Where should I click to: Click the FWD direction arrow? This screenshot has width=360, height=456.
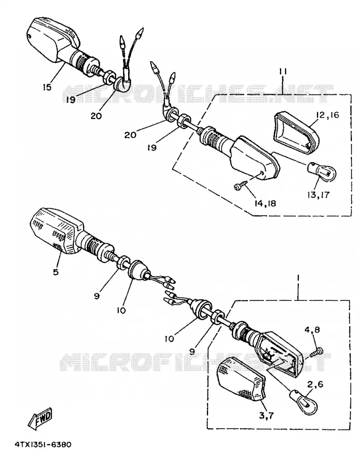click(40, 419)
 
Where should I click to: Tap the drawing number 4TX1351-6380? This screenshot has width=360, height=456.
click(43, 445)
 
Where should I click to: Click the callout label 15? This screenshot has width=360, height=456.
click(47, 87)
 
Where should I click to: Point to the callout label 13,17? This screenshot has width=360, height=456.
click(318, 195)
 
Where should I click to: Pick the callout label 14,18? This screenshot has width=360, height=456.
click(265, 203)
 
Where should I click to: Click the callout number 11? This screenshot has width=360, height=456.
click(283, 71)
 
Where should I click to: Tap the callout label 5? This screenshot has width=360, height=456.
click(56, 272)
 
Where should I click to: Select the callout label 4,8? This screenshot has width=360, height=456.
click(312, 330)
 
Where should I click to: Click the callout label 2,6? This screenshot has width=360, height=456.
click(315, 385)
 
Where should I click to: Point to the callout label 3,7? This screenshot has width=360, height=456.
click(266, 416)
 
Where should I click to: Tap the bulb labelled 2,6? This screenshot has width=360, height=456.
click(304, 402)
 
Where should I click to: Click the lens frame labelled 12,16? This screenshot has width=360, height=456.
click(296, 132)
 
